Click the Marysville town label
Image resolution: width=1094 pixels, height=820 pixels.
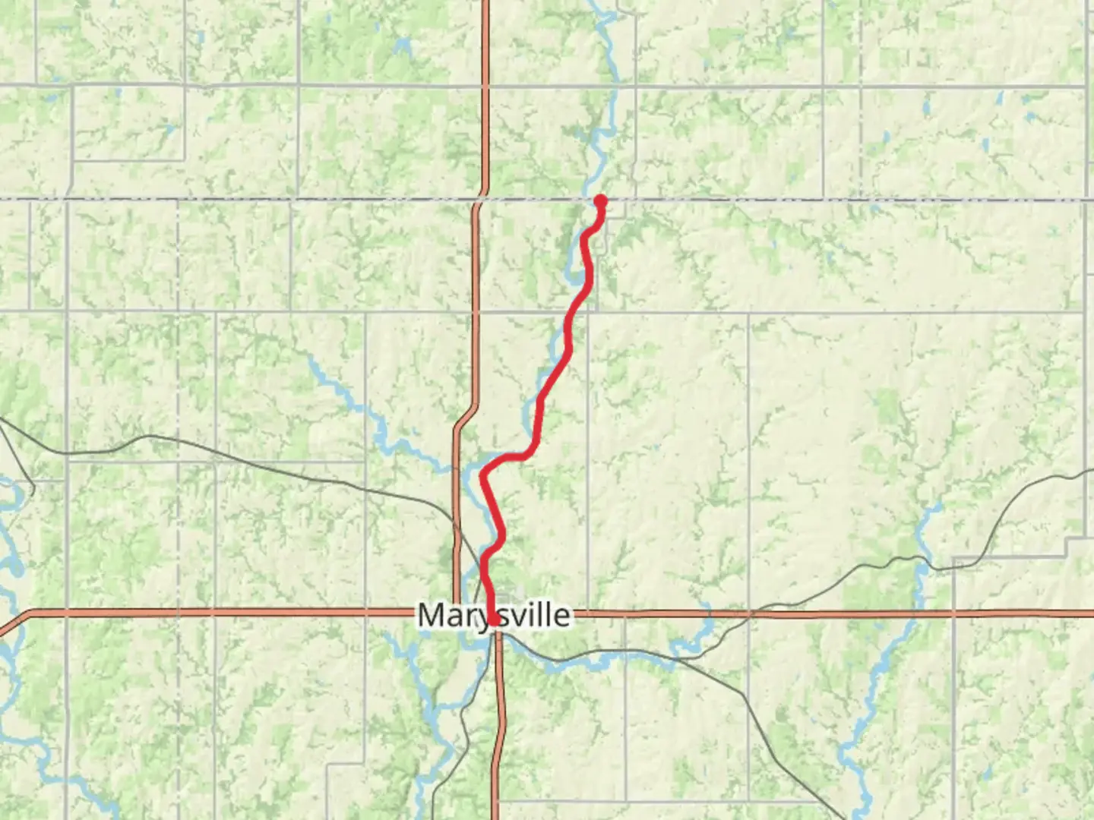pos(494,614)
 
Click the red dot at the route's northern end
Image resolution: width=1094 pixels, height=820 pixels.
pos(601,201)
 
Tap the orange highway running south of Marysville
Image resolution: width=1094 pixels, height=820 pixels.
pos(499,721)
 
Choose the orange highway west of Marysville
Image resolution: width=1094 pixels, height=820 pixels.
pos(228,612)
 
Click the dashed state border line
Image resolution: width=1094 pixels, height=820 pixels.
pos(836,200)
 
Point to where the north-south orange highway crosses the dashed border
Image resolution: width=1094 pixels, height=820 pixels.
pos(479,200)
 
